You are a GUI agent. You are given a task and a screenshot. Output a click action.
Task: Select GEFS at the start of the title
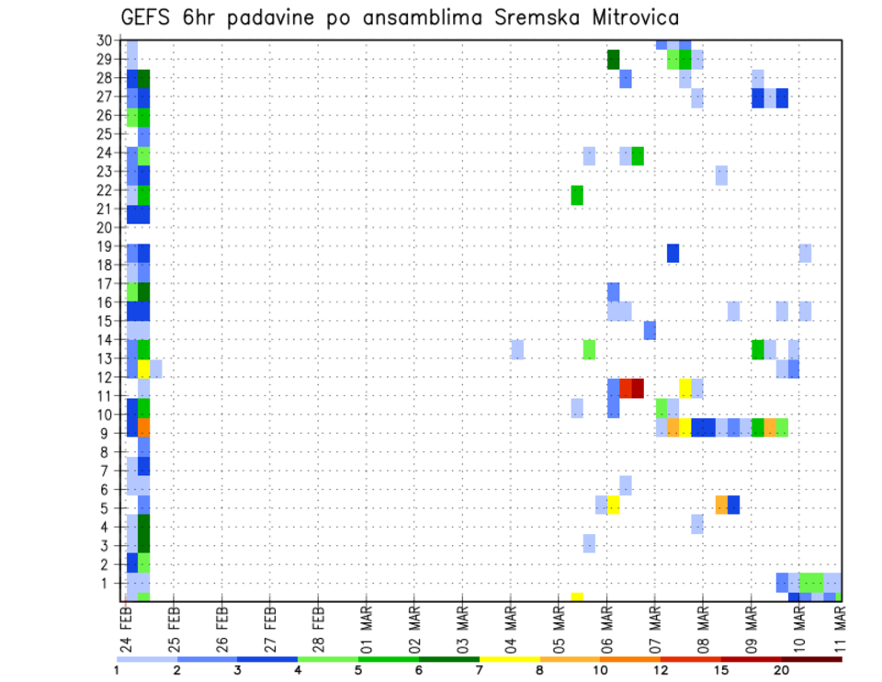(148, 17)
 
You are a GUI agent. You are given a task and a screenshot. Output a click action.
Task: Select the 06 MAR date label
(607, 625)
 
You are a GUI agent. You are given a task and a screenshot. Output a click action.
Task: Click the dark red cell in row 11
(638, 388)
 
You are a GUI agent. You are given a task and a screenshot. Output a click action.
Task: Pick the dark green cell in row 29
(614, 60)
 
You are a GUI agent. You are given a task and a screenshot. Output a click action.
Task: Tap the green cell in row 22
(577, 195)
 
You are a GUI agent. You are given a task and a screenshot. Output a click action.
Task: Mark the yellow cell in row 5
(614, 505)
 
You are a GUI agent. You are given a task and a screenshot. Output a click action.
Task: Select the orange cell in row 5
(721, 505)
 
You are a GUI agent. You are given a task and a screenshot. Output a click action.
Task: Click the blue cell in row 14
(650, 330)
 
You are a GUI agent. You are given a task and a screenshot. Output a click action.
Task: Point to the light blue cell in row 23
(721, 175)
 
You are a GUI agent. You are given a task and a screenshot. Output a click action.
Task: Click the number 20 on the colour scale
(782, 670)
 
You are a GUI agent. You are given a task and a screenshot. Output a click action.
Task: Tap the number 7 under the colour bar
(479, 670)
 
